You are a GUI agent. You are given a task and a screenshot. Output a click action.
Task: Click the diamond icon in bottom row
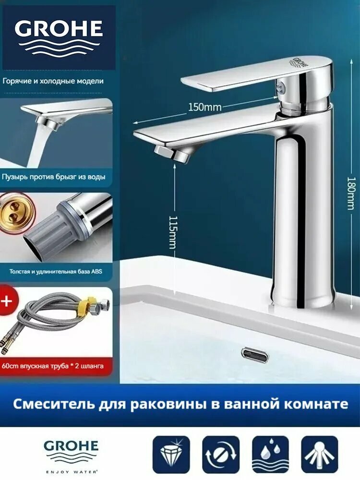[x=171, y=454]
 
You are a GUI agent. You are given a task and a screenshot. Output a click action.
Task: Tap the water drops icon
[x=270, y=454]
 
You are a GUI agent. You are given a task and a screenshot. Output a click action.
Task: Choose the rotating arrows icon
[x=221, y=454]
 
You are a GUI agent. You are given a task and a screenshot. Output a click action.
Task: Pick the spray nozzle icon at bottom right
[x=320, y=454]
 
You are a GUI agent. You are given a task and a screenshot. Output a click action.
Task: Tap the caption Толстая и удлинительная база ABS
[x=56, y=271]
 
